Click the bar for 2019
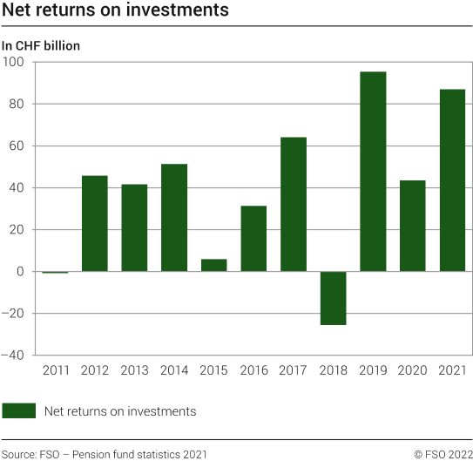[x=373, y=172]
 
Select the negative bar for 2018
[x=333, y=298]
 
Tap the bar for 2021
[x=452, y=180]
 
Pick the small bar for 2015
[x=213, y=265]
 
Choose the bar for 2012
[x=94, y=223]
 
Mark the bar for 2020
[x=413, y=226]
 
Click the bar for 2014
[x=174, y=218]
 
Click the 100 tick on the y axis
[x=15, y=62]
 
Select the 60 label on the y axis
[x=18, y=146]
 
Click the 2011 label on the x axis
[x=55, y=371]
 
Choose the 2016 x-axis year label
[x=253, y=371]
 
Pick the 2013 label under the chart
[x=134, y=371]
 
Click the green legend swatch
[x=18, y=411]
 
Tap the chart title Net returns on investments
[x=115, y=11]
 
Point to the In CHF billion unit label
[x=41, y=45]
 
